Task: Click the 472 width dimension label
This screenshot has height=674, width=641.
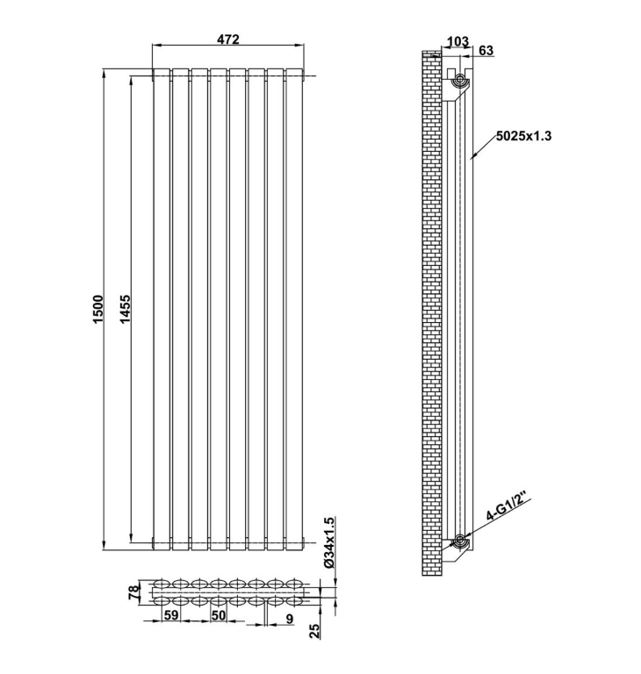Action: (x=228, y=39)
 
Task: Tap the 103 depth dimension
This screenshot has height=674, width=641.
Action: (x=457, y=41)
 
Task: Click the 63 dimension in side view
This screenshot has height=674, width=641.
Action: (x=486, y=51)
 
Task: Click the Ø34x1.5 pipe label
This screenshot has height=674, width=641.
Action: (x=329, y=545)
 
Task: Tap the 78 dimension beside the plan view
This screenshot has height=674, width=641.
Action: (x=134, y=593)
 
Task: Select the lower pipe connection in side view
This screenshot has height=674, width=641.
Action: (x=458, y=540)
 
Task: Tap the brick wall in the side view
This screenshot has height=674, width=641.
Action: (x=430, y=307)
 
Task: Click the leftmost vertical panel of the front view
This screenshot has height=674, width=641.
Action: (x=162, y=307)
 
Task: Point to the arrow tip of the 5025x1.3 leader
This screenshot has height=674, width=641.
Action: (x=472, y=158)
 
